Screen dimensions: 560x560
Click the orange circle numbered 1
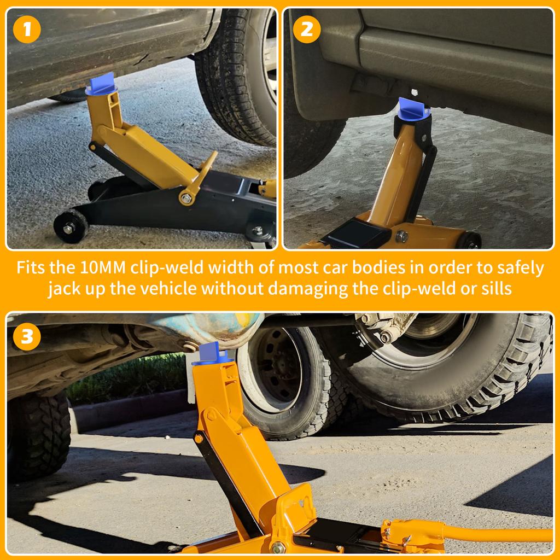click(x=27, y=30)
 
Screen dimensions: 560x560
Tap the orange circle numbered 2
click(x=307, y=30)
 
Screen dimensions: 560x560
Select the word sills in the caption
click(x=495, y=288)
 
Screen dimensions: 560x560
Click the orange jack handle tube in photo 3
click(x=492, y=533)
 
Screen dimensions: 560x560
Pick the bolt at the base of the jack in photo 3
click(x=278, y=547)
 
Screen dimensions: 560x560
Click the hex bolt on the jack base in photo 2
click(x=402, y=236)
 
